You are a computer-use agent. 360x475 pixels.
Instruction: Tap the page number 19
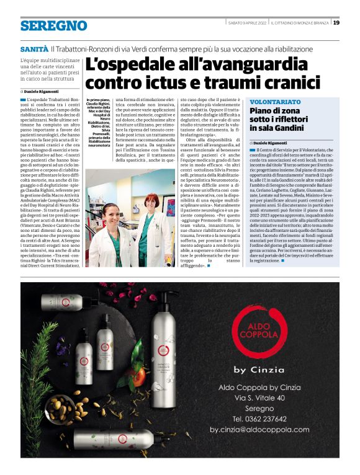tap(336, 23)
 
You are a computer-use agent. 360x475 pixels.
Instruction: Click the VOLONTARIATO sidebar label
tap(274, 101)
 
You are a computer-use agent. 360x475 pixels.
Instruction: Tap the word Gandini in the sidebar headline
tap(297, 127)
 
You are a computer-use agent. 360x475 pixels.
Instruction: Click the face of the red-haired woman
tap(151, 201)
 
